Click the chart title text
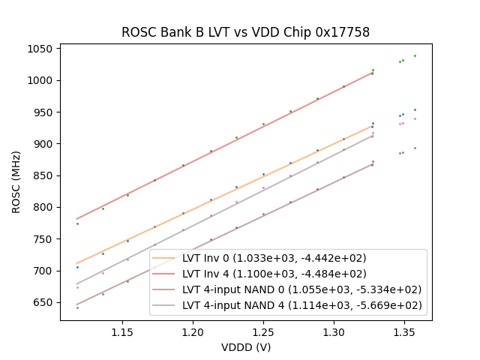click(x=245, y=32)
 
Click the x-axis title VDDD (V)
click(x=245, y=346)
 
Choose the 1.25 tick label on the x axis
click(x=263, y=331)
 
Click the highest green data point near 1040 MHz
click(x=415, y=55)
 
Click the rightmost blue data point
click(x=415, y=109)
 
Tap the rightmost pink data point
click(x=415, y=118)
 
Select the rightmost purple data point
click(x=415, y=148)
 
